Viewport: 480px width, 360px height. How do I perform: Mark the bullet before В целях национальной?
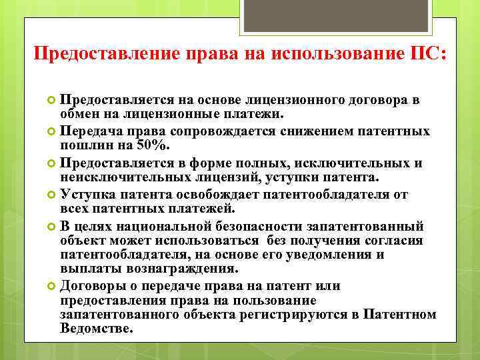(52, 225)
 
